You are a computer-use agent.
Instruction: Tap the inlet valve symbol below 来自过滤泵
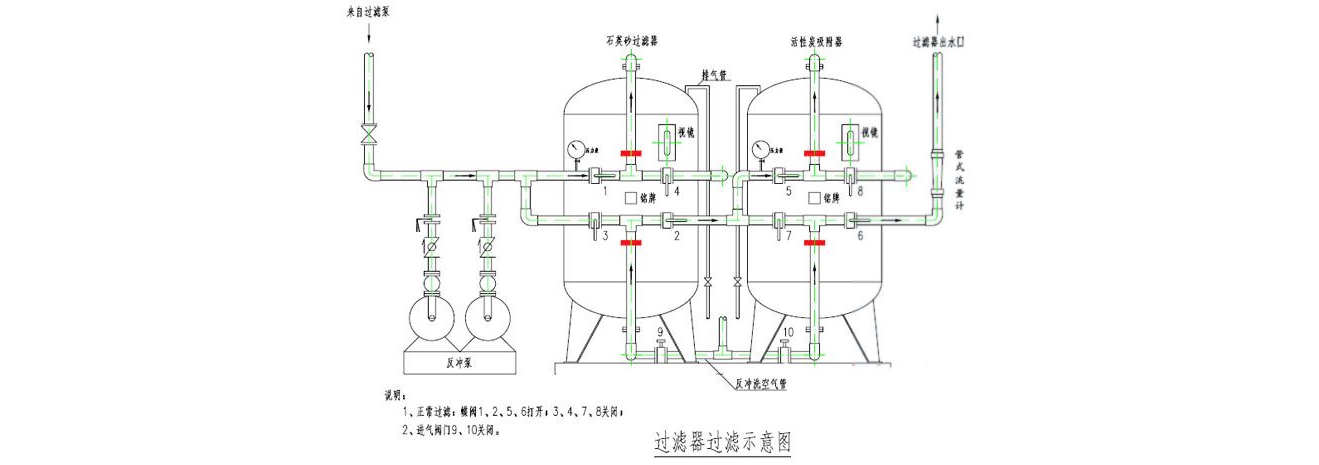(368, 134)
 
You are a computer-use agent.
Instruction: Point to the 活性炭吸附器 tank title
(815, 41)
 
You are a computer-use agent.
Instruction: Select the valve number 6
(860, 235)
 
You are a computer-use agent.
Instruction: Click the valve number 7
(789, 235)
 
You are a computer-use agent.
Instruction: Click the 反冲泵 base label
(459, 363)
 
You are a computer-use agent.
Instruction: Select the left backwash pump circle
(431, 318)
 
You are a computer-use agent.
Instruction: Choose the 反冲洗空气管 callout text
(761, 384)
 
